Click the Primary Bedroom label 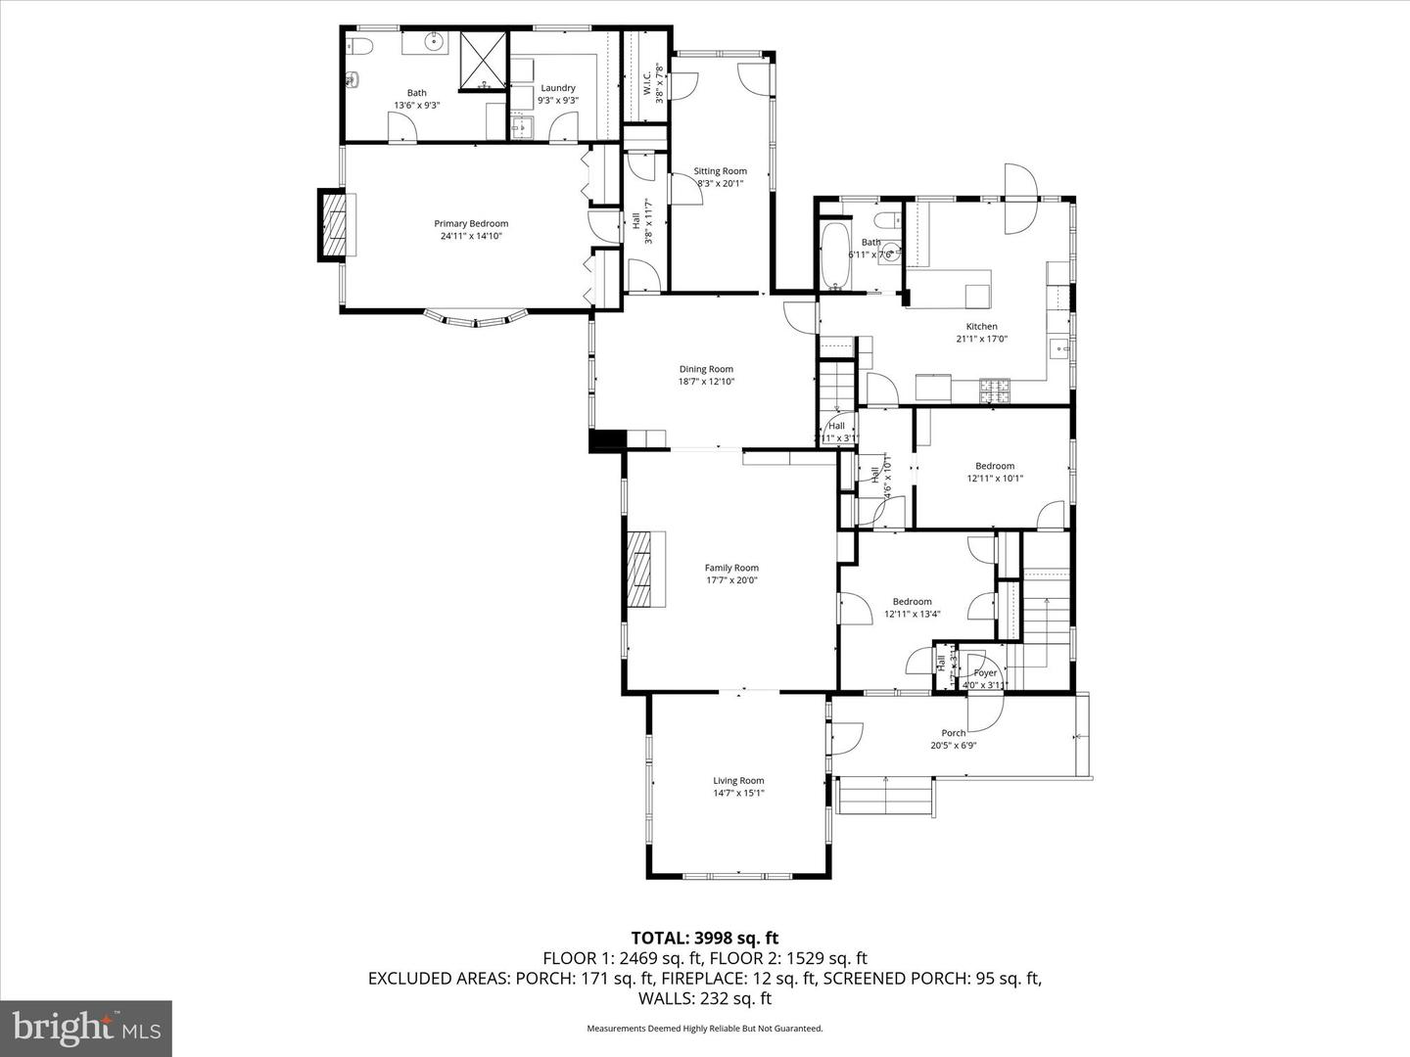471,224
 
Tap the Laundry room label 558,88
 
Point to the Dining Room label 706,369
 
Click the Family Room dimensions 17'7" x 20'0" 731,580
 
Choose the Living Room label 738,781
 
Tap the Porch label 953,733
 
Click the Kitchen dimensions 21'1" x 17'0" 981,340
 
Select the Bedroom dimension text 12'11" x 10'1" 995,479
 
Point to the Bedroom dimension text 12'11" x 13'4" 912,615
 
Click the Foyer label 985,673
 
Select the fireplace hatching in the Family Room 640,569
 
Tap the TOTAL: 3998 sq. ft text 704,939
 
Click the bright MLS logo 85,1028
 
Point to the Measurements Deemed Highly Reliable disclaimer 704,1029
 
